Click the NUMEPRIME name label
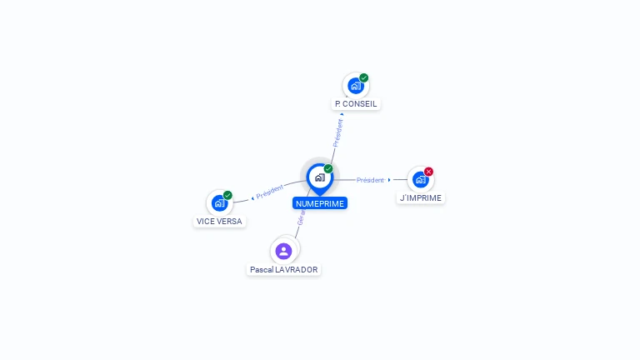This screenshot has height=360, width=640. coord(319,203)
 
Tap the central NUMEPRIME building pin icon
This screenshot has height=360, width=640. coord(319,177)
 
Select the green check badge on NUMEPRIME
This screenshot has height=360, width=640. coord(328,169)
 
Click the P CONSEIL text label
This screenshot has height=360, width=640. coord(356,104)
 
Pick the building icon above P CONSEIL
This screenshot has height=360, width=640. coord(356,86)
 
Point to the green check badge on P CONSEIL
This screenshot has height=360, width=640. coord(364,78)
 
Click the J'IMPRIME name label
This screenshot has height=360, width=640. coord(421,198)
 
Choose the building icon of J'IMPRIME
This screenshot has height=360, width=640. coord(420,179)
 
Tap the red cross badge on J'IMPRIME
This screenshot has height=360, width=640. coord(428,172)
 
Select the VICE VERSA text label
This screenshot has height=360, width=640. coord(219,222)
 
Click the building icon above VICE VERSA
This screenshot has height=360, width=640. coord(219,202)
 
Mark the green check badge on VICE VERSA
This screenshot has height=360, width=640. coord(227,195)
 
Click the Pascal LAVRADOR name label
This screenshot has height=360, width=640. coord(284,270)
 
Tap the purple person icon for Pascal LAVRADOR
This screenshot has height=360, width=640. coord(284,251)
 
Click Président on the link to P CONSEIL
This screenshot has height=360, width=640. coord(338,133)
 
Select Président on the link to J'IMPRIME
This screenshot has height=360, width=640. coord(370,180)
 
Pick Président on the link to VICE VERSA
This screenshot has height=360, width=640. coord(270,192)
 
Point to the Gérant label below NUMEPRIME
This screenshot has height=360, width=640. coord(302,217)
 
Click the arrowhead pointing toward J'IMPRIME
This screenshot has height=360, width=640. coord(389,180)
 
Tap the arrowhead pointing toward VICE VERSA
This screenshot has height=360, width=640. coord(252,197)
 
